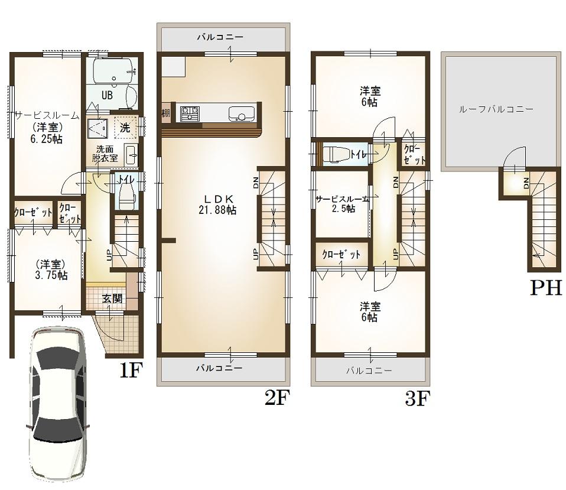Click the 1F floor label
click(x=131, y=371)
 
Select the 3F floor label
click(x=416, y=399)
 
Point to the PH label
click(x=545, y=288)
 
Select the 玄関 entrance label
click(x=112, y=299)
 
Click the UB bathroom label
click(x=107, y=95)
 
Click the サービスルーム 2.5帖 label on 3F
click(x=342, y=204)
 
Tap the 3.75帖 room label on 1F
click(x=50, y=270)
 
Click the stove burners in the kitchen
click(x=190, y=112)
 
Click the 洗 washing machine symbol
click(x=125, y=127)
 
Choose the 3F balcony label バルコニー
click(x=369, y=371)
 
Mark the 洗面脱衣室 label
click(x=105, y=154)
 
